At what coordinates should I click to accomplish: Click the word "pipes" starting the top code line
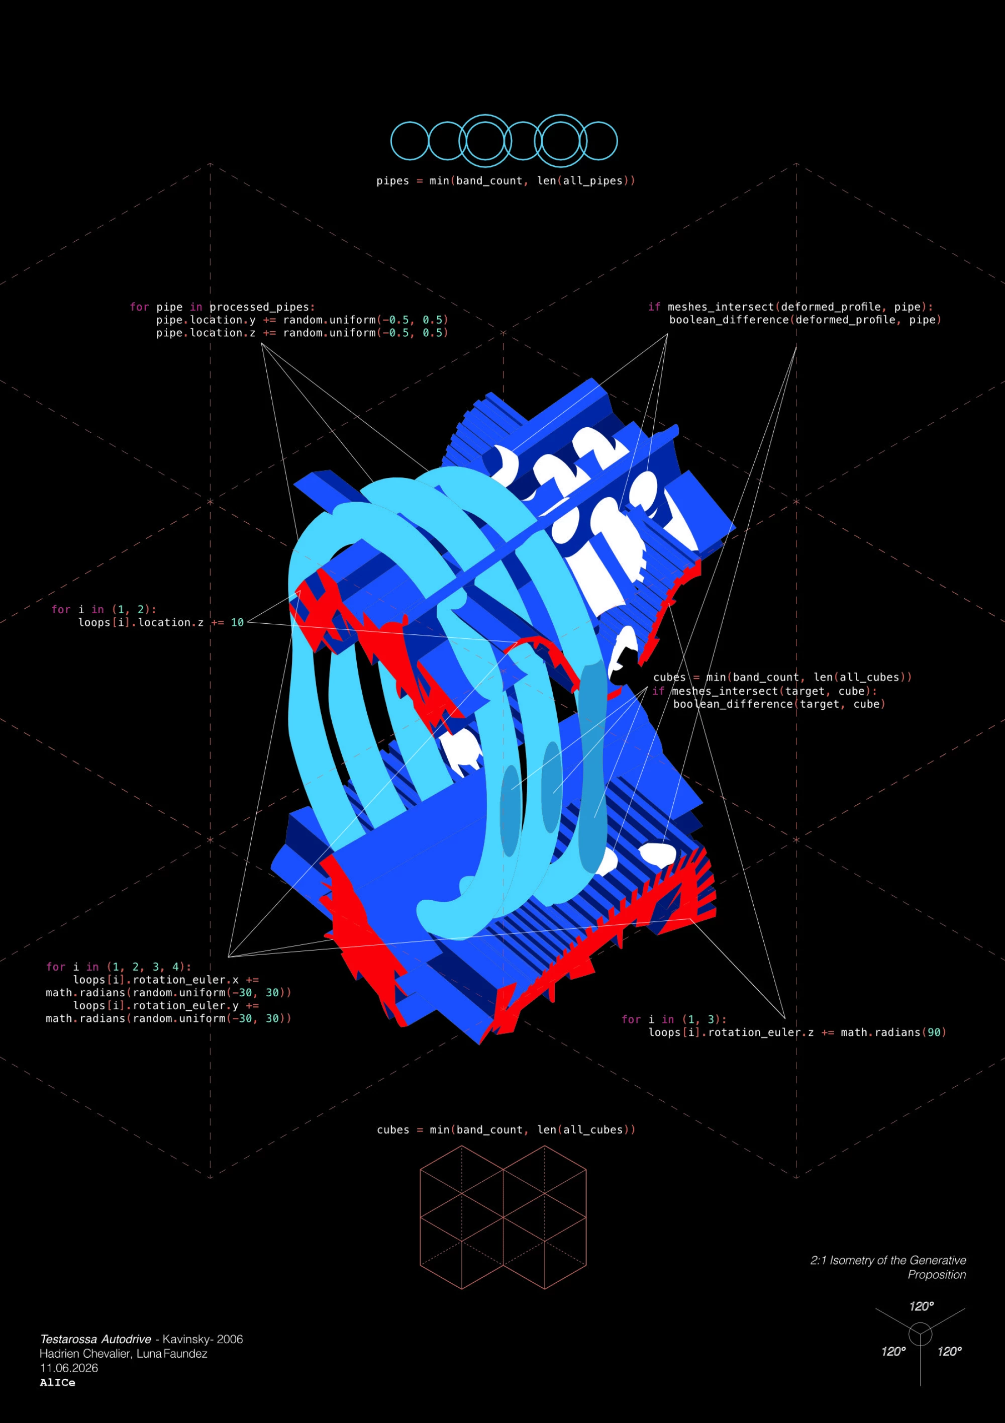pyautogui.click(x=393, y=181)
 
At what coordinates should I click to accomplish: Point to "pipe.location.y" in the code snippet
pyautogui.click(x=206, y=320)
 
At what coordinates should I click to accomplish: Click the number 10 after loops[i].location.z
pyautogui.click(x=237, y=622)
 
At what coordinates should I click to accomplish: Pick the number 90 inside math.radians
pyautogui.click(x=933, y=1032)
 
